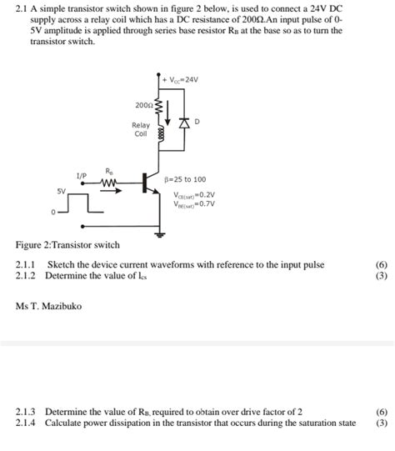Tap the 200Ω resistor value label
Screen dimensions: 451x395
coord(142,106)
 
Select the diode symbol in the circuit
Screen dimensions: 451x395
coord(184,123)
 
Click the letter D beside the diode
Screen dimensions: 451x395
coord(197,122)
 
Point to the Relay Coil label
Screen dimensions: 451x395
coord(141,129)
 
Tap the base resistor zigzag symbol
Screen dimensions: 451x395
coord(110,183)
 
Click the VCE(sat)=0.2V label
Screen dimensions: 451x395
coord(194,193)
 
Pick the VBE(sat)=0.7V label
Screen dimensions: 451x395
coord(194,203)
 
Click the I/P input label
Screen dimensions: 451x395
coord(81,176)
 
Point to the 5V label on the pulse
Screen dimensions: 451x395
coord(61,192)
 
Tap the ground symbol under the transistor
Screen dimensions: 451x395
coord(158,227)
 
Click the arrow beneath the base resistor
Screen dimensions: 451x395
coord(112,191)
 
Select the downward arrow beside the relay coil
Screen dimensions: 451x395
coord(168,109)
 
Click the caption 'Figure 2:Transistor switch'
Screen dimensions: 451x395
coord(67,245)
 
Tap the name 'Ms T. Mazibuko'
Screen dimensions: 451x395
coord(49,306)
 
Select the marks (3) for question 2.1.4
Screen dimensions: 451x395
coord(382,423)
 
